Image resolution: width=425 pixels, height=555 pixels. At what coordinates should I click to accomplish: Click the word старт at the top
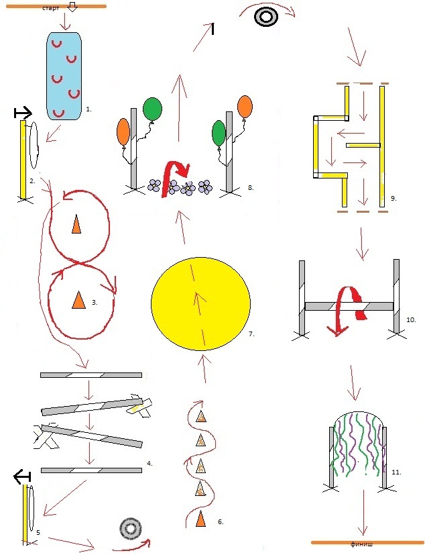(x=50, y=8)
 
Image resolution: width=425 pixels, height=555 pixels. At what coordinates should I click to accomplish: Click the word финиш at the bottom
(x=361, y=544)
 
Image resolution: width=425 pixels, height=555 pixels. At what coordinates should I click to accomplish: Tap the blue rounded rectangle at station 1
(x=64, y=76)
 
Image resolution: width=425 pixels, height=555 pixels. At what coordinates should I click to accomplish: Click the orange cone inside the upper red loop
(x=76, y=225)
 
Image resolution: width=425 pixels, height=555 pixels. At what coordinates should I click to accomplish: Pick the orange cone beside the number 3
(x=78, y=300)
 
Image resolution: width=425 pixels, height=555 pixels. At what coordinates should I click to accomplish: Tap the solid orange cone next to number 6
(x=200, y=519)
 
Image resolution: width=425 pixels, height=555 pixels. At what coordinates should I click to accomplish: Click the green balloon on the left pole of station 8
(x=152, y=109)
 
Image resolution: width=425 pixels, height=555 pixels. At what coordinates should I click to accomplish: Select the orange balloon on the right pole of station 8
(x=245, y=107)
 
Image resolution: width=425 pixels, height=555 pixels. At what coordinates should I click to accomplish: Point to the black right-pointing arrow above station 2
(x=23, y=113)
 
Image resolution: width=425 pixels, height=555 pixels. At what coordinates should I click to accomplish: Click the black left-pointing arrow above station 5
(x=23, y=477)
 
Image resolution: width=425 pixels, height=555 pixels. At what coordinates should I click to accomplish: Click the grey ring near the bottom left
(x=131, y=530)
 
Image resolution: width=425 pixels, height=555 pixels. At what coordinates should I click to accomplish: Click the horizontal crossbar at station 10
(x=349, y=306)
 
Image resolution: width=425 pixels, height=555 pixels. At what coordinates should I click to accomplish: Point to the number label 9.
(x=393, y=199)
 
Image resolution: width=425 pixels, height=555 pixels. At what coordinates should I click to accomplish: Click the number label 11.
(x=396, y=472)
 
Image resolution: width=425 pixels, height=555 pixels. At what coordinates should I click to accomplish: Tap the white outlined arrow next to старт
(x=72, y=7)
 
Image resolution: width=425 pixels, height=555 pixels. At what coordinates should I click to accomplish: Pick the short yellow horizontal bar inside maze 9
(x=363, y=145)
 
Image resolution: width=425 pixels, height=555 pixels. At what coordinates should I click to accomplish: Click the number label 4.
(x=149, y=463)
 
